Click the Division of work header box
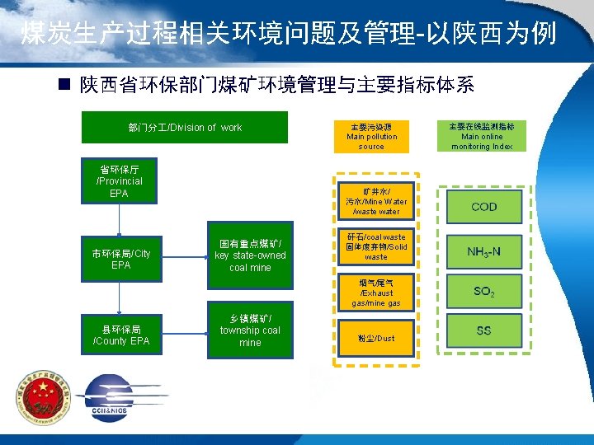(x=184, y=128)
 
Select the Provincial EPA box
(x=120, y=181)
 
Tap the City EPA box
(x=120, y=260)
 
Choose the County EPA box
(x=120, y=335)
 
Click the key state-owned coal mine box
(x=250, y=255)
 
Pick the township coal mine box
(x=250, y=330)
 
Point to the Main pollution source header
(x=371, y=137)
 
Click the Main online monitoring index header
(x=482, y=137)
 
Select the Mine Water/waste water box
(x=376, y=201)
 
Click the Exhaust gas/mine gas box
(x=376, y=293)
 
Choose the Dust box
(x=376, y=338)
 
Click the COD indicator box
(x=484, y=206)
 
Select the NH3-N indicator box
(x=484, y=251)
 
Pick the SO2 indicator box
(x=484, y=291)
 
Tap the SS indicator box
(x=484, y=331)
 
